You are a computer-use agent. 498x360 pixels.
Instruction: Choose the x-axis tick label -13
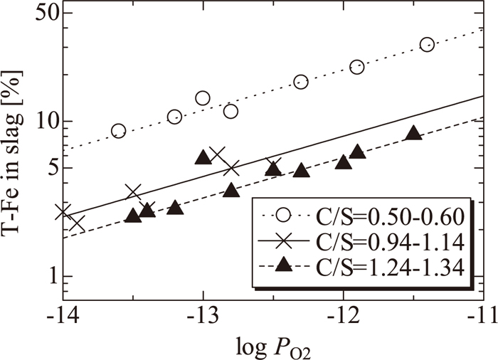point(203,313)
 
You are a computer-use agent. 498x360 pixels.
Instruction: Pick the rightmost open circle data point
point(427,45)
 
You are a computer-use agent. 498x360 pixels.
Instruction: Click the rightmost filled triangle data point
point(413,133)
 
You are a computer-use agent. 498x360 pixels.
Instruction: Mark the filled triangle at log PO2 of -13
point(203,158)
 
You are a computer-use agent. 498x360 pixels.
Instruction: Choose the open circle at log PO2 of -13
point(203,98)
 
